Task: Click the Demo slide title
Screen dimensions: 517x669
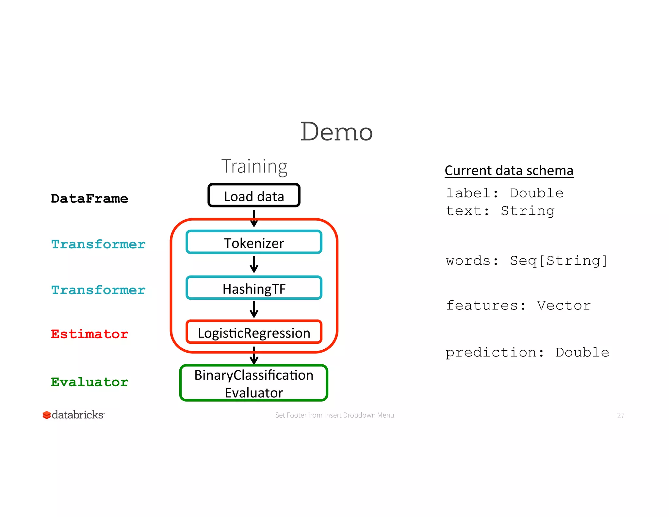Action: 336,132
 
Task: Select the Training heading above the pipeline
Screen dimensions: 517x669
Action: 254,166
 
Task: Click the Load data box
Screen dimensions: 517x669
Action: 254,196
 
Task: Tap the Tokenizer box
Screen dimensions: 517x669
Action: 254,242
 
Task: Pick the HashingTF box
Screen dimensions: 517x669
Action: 254,288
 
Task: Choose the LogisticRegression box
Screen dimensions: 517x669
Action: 254,332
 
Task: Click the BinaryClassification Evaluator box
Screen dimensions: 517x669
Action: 253,383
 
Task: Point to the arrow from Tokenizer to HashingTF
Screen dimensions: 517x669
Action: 254,264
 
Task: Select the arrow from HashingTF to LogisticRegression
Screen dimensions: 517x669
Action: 254,309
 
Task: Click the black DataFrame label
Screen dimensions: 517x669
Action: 89,199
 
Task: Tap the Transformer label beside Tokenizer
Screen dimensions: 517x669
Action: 98,244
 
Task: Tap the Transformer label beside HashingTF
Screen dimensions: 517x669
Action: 98,290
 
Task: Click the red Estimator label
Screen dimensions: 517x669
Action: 89,334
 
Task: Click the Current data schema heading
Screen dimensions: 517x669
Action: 509,171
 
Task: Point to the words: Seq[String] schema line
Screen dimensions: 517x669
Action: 526,261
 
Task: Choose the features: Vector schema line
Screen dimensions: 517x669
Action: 518,306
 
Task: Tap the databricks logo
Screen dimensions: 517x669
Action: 73,415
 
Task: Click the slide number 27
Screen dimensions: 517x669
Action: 620,415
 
